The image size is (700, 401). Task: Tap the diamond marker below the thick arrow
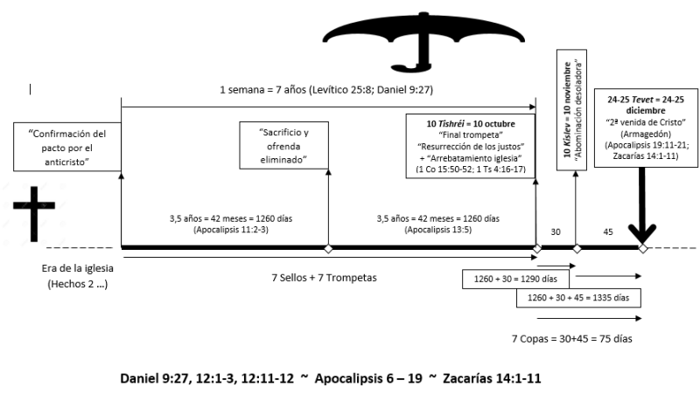coord(643,249)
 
